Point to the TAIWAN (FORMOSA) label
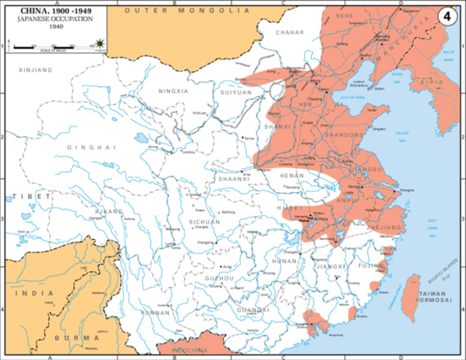coord(436,297)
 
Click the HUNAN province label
coord(286,260)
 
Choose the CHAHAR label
coord(290,33)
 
